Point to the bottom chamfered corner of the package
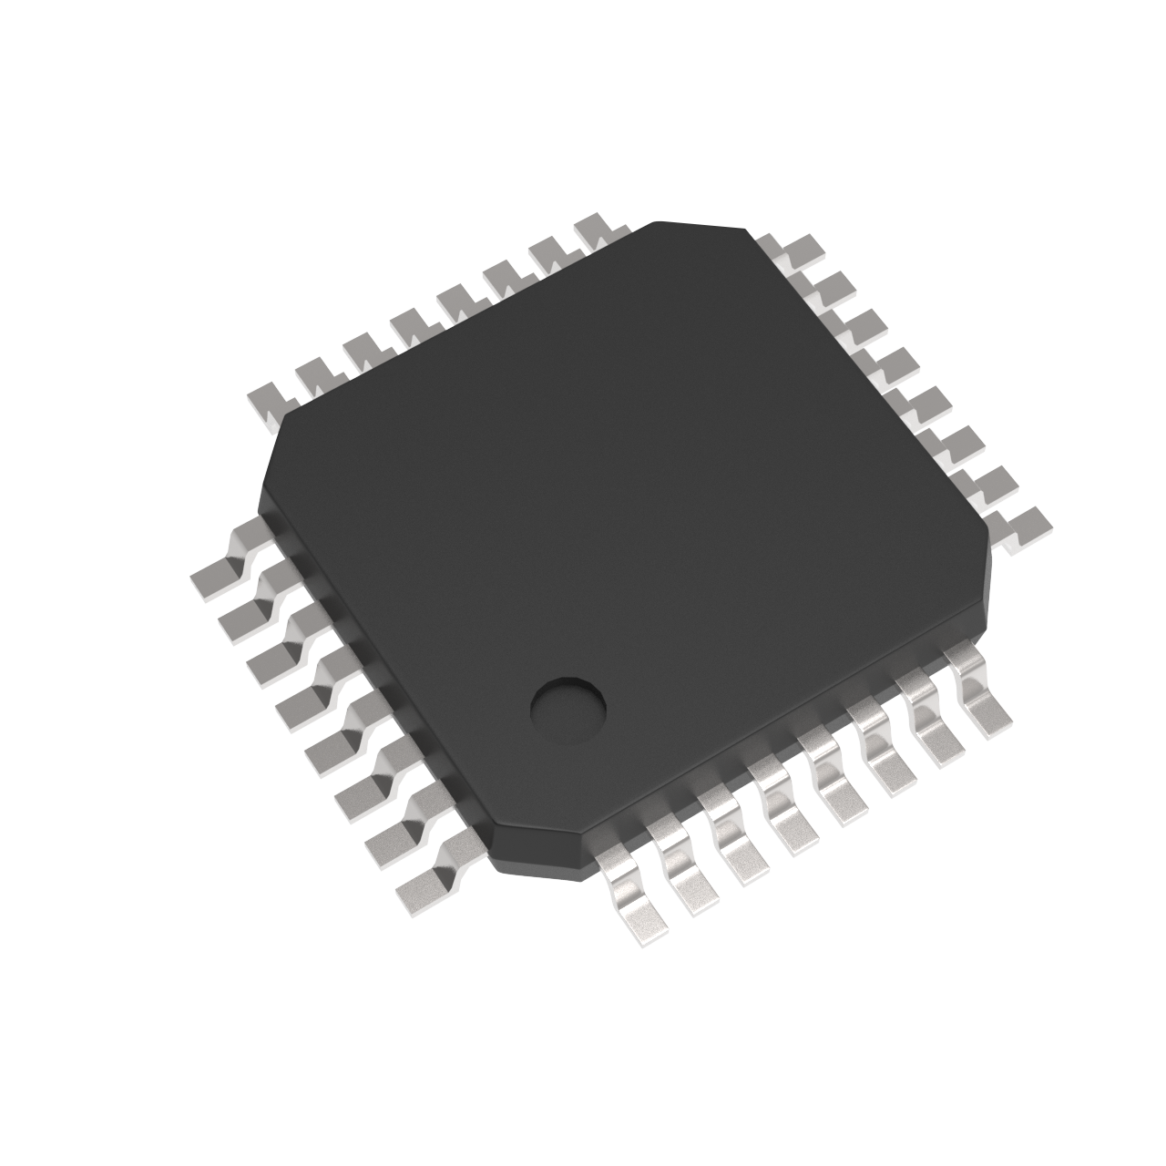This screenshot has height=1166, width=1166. click(x=537, y=843)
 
